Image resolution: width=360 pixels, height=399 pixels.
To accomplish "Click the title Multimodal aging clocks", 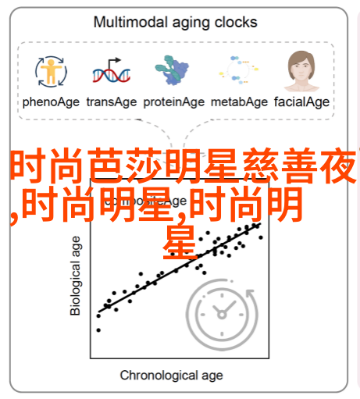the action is (x=175, y=23).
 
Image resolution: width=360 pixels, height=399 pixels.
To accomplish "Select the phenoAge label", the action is (x=51, y=102).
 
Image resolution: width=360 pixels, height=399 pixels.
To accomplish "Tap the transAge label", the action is (x=112, y=102).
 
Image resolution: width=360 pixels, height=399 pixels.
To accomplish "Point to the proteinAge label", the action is (x=174, y=102).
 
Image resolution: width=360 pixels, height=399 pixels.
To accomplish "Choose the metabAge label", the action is (x=239, y=102).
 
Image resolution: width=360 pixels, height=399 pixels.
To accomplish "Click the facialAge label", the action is (x=301, y=102).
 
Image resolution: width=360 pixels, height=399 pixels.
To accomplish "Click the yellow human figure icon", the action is (x=52, y=71).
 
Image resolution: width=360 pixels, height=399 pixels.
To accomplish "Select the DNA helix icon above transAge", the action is (x=112, y=75).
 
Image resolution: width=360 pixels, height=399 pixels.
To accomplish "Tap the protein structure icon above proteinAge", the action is (x=172, y=69).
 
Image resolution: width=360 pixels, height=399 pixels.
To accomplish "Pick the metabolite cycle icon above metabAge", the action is (x=239, y=69).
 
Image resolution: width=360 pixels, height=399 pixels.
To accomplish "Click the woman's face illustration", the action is (x=301, y=71).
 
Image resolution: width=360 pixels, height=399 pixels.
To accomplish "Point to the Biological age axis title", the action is (x=75, y=276).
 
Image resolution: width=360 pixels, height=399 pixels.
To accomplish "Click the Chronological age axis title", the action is (x=171, y=376).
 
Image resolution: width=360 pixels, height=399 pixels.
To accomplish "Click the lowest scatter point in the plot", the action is (x=98, y=330).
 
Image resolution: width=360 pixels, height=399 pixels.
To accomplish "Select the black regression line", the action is (x=180, y=268).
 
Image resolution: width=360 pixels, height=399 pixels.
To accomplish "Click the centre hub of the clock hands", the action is (x=222, y=315).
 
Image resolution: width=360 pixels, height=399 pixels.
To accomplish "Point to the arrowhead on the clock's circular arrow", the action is (x=251, y=293).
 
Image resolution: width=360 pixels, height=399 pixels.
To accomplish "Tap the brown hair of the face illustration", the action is (x=301, y=60).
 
